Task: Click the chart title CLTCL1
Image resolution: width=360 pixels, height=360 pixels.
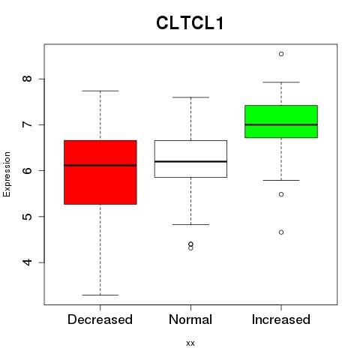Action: click(190, 23)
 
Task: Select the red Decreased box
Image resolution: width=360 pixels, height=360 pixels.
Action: click(100, 172)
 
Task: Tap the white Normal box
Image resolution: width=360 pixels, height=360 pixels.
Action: click(190, 159)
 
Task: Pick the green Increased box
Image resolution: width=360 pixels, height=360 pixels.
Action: click(281, 121)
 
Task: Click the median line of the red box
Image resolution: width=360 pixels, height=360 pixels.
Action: click(100, 165)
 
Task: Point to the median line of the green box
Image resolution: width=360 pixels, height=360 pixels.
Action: click(281, 124)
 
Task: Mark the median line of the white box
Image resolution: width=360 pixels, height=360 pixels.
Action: click(190, 161)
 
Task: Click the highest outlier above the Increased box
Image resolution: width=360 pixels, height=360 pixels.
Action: click(281, 54)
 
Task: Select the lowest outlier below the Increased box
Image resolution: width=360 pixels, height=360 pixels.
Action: click(281, 232)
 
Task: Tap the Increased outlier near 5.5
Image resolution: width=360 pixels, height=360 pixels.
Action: click(281, 194)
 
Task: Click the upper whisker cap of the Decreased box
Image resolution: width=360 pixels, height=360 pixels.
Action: click(100, 91)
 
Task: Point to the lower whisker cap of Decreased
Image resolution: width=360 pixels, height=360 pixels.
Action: click(100, 295)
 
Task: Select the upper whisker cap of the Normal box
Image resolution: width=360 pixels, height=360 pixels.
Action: click(190, 97)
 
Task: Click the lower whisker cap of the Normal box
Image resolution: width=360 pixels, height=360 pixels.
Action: click(190, 224)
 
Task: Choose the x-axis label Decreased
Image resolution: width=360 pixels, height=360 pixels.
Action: click(100, 319)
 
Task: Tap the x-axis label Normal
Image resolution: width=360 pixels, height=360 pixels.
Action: click(190, 319)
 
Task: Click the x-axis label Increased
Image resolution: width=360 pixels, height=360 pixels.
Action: click(281, 319)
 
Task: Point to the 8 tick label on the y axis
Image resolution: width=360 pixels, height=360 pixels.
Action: click(27, 79)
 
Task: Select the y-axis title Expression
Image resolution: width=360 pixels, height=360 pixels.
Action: click(7, 174)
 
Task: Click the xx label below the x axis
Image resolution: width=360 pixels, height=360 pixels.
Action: click(190, 343)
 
